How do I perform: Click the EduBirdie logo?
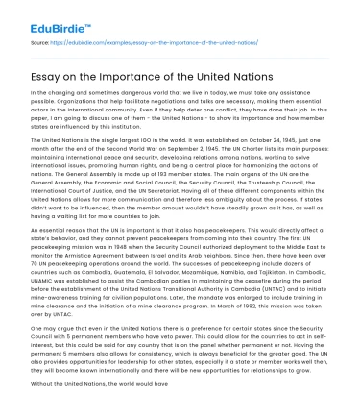[x=37, y=17]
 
